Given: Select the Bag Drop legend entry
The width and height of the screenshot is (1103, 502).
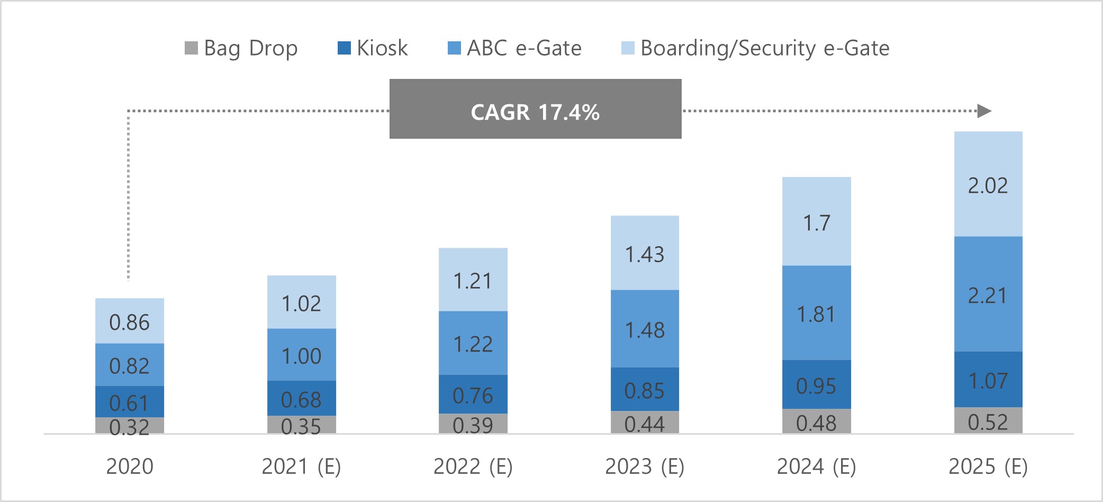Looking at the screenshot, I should click(241, 48).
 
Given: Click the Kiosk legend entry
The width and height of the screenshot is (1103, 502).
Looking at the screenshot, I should click(373, 48).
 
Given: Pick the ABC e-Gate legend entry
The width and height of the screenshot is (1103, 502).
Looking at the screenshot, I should click(514, 48).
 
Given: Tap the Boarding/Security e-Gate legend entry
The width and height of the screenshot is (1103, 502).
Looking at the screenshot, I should click(755, 48).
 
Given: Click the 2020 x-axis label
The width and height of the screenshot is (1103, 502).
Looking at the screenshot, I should click(130, 467).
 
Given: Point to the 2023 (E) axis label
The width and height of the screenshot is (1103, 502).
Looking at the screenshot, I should click(645, 467).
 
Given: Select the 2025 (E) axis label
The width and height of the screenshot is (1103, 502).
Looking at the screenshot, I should click(988, 467).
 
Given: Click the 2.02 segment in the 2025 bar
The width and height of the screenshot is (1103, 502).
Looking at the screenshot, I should click(988, 184).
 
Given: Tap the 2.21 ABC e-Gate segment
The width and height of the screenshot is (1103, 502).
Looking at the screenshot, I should click(988, 294).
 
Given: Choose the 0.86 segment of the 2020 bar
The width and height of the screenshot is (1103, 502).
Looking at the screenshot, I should click(130, 321).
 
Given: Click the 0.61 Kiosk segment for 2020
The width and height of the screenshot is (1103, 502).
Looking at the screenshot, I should click(130, 402).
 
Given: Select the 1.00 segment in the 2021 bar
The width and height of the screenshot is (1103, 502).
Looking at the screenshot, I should click(301, 355).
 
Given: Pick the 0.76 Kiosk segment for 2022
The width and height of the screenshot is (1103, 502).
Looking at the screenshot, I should click(473, 395).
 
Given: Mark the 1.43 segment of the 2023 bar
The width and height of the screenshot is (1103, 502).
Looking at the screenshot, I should click(645, 253).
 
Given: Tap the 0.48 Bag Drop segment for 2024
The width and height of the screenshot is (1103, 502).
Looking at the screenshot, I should click(817, 422).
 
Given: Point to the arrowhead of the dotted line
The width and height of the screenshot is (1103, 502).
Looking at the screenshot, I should click(984, 111).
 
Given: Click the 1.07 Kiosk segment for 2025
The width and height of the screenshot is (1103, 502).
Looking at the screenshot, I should click(988, 380).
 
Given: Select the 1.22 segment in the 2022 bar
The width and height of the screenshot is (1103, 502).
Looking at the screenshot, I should click(473, 343).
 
